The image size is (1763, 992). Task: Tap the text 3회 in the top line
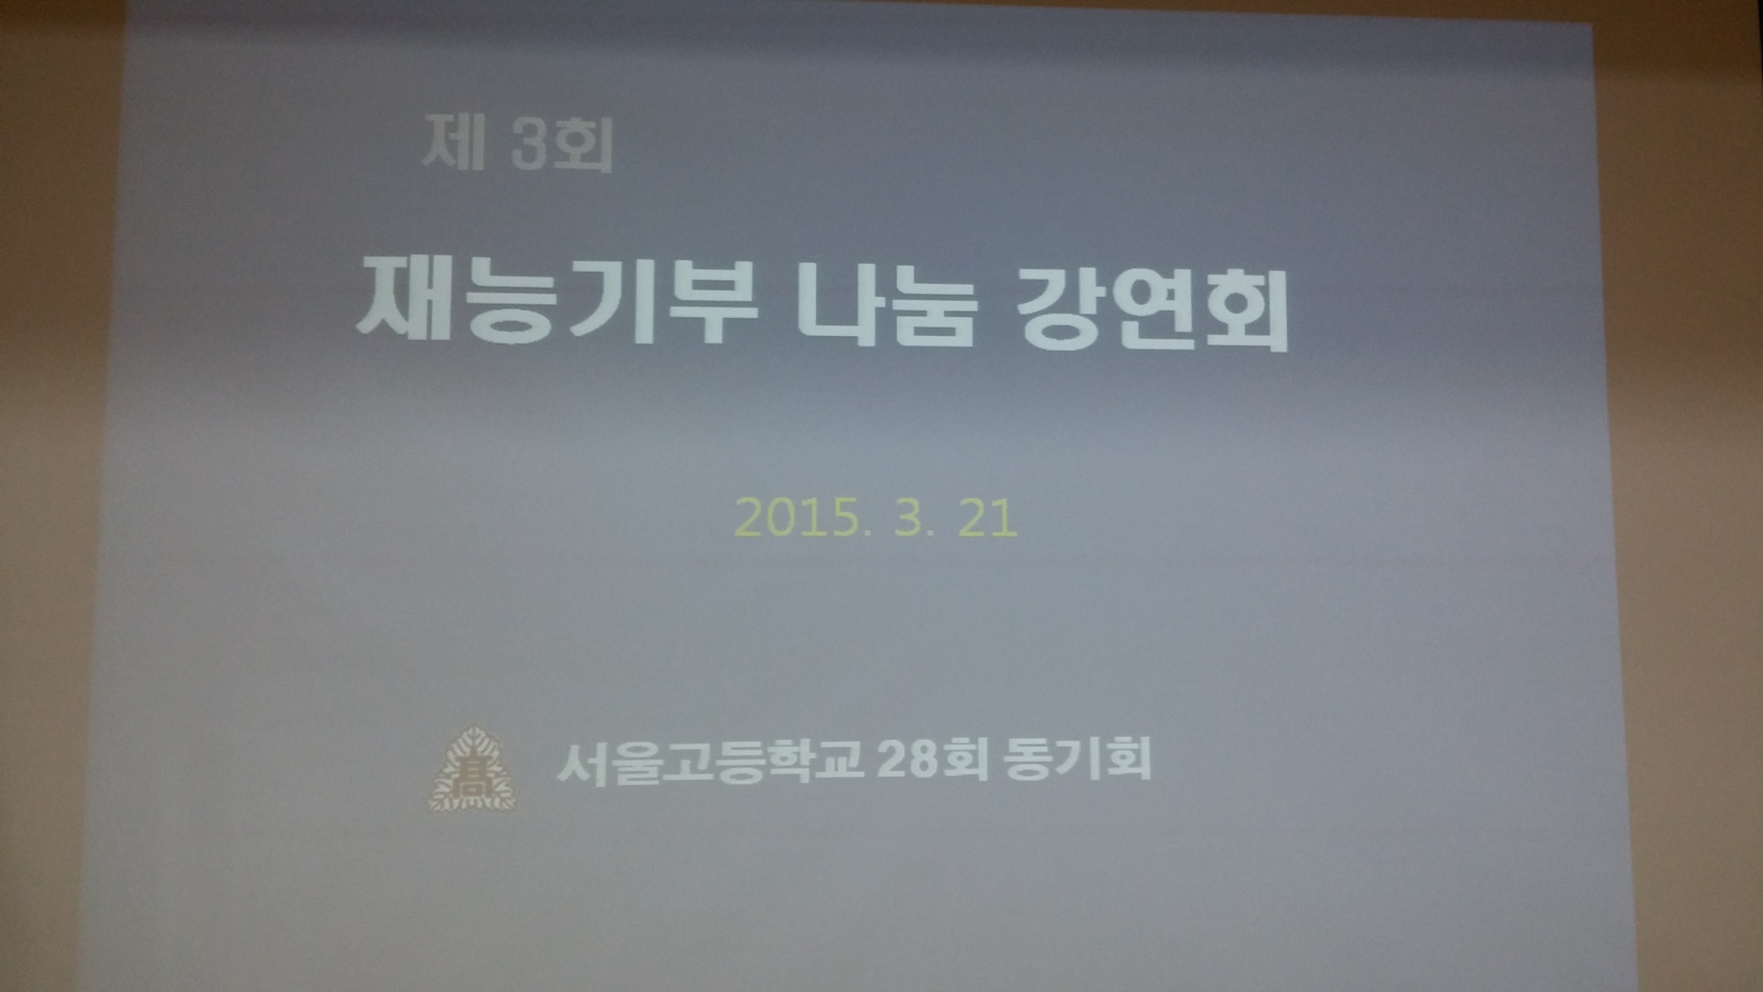coord(561,147)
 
